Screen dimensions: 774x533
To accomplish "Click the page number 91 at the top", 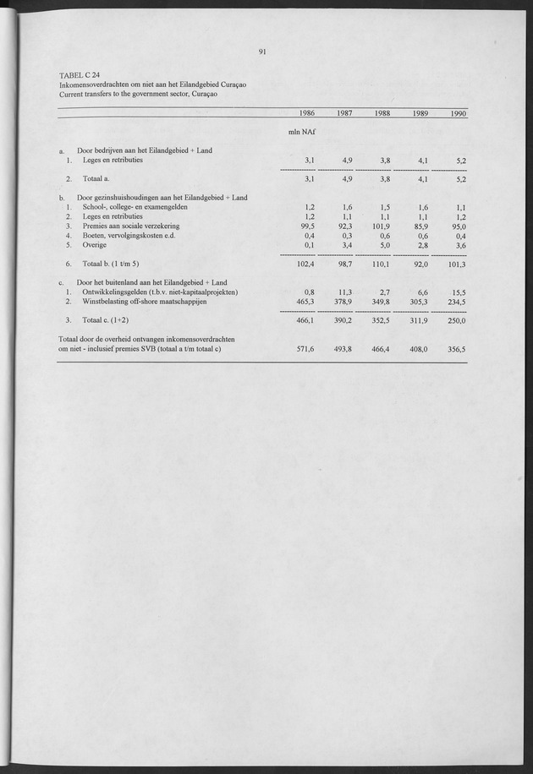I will click(x=263, y=52).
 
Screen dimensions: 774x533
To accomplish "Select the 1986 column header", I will click(x=305, y=113).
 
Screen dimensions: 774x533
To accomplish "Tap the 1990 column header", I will click(x=457, y=113).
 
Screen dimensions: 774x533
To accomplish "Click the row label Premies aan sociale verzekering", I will click(x=131, y=226).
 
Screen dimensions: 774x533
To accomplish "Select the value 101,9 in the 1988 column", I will click(x=382, y=226).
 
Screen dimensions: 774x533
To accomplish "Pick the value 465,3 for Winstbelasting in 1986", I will click(x=302, y=301).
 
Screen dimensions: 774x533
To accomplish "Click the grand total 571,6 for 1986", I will click(x=302, y=348).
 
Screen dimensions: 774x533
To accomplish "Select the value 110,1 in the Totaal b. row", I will click(x=382, y=264).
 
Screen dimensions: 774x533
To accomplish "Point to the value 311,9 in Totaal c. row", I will click(x=419, y=320).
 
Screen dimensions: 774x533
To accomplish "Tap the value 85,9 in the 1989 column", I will click(x=420, y=226).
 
